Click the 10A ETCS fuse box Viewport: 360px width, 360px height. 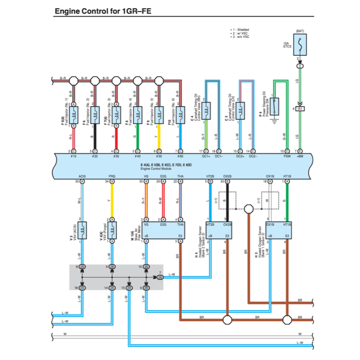point(300,45)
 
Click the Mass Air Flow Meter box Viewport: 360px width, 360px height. point(163,230)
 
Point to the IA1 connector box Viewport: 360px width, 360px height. point(300,109)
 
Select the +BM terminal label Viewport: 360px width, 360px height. point(300,156)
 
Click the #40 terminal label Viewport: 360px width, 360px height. point(137,156)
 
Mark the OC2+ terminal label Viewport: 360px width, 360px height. point(240,156)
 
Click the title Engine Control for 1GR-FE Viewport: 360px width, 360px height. point(103,11)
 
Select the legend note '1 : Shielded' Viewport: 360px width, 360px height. point(241,30)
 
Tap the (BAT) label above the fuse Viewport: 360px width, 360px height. point(300,31)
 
